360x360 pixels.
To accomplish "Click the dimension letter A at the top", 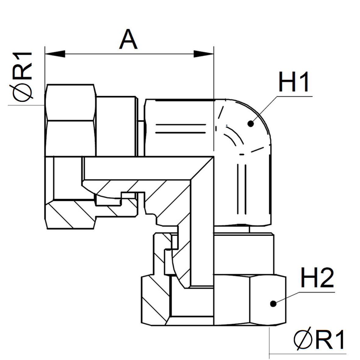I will tap(128, 40).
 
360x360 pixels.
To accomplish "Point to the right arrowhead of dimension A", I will tap(203, 54).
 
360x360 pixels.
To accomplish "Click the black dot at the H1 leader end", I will tap(251, 123).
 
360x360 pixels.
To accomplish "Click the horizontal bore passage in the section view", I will tap(137, 168).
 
